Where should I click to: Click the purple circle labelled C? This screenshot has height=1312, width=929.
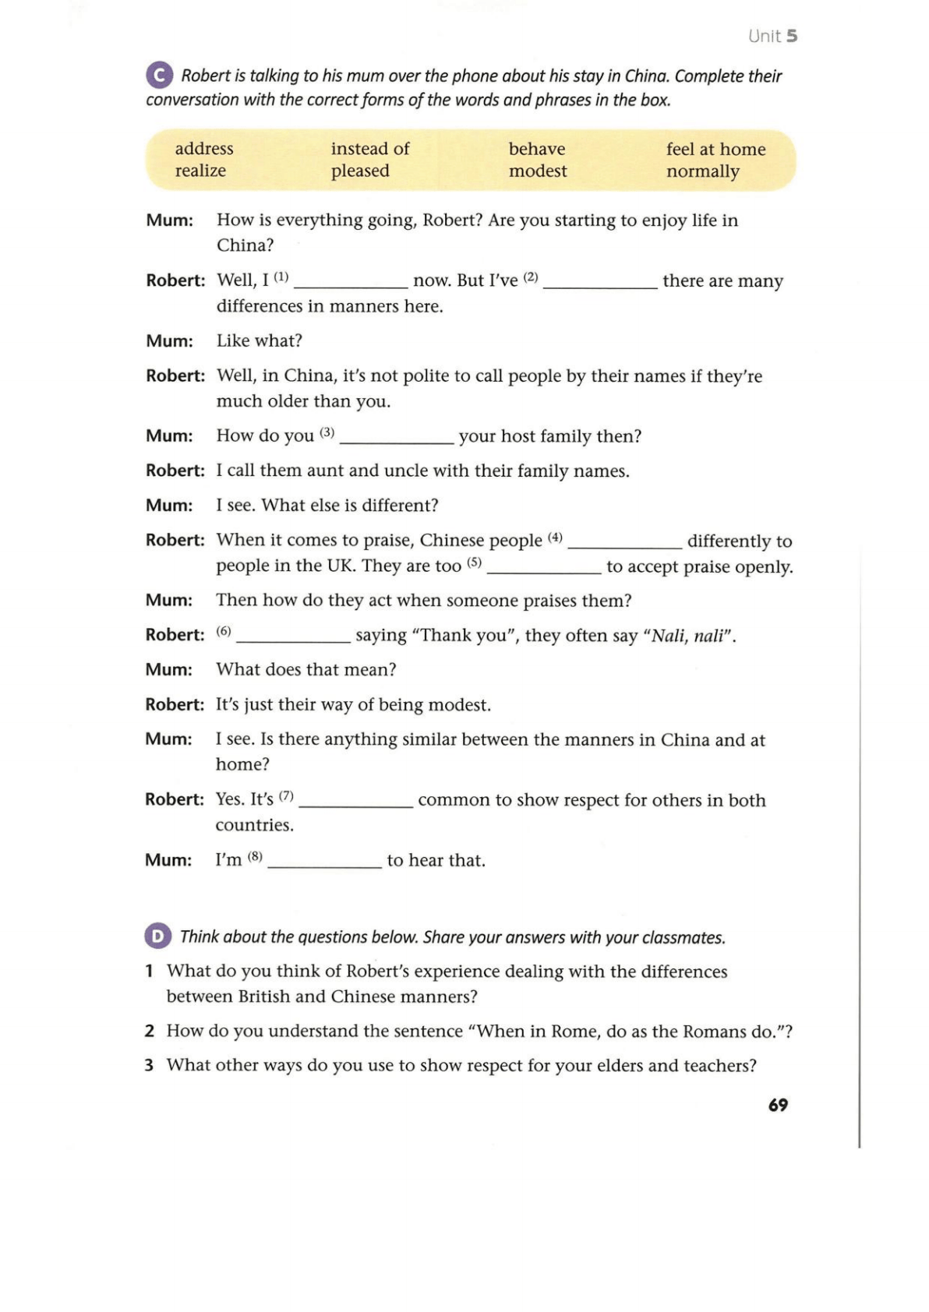(x=159, y=76)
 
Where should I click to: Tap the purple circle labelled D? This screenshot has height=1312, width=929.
(x=157, y=936)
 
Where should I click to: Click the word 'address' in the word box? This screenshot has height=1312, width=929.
(x=204, y=149)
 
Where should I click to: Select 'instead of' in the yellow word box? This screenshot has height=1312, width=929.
(x=370, y=149)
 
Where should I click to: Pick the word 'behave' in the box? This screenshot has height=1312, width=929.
(x=537, y=149)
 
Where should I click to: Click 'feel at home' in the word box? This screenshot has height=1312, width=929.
(x=715, y=149)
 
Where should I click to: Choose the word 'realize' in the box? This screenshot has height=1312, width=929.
(x=200, y=171)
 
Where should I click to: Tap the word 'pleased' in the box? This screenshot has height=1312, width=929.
(x=360, y=171)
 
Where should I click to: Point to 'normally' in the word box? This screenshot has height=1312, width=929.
(x=702, y=171)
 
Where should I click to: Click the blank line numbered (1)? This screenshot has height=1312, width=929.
(x=351, y=284)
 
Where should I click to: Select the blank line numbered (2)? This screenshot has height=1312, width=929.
(x=600, y=284)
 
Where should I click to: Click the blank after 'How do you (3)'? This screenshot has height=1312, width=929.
(x=397, y=440)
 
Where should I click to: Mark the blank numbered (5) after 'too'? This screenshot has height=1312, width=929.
(x=544, y=570)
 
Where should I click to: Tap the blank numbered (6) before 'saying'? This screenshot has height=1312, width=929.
(x=293, y=640)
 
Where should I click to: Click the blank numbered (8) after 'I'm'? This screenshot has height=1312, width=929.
(x=324, y=864)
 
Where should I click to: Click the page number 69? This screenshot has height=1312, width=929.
(x=778, y=1105)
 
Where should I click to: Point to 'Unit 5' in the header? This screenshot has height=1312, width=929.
(x=772, y=36)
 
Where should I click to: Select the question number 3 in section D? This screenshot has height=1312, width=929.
(x=149, y=1065)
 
